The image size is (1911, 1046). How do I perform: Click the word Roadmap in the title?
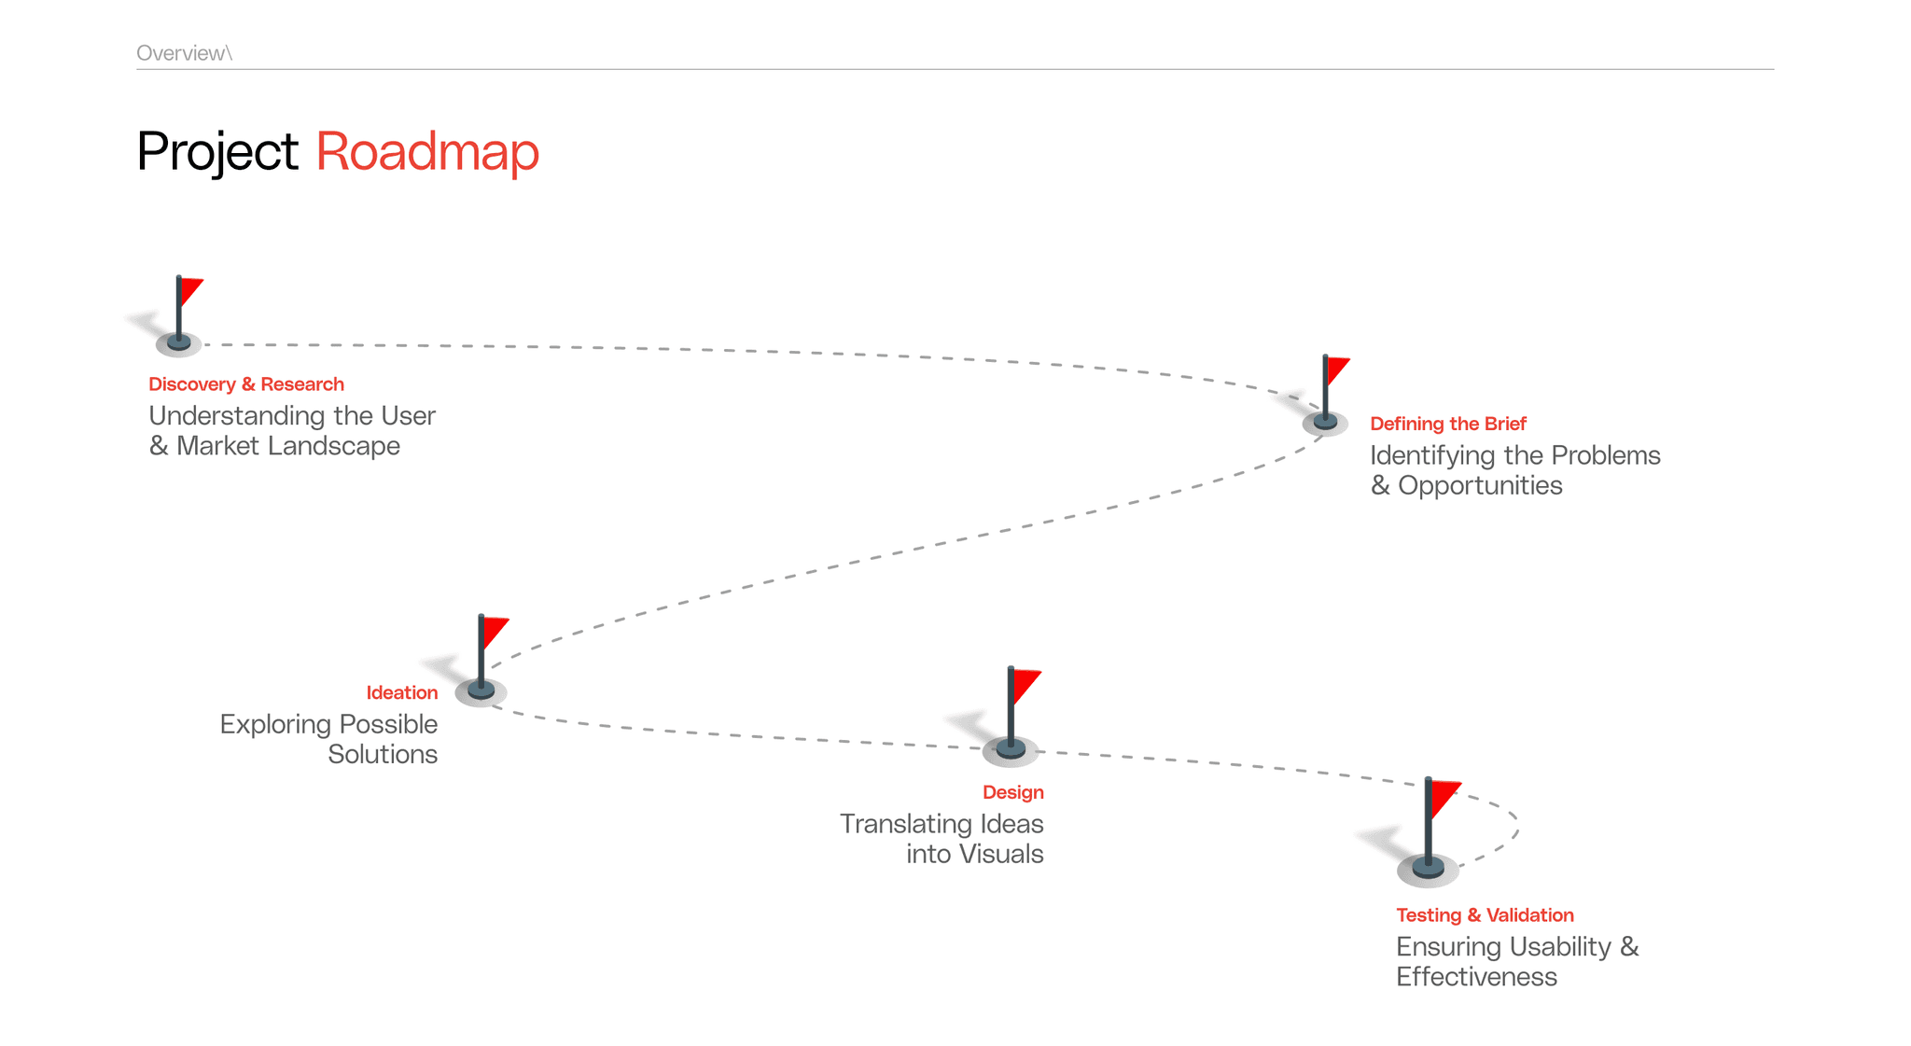[x=427, y=152]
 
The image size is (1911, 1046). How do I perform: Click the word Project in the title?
[x=216, y=152]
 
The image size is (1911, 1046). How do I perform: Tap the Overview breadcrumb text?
[x=183, y=53]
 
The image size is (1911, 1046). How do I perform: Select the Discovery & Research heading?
[x=246, y=384]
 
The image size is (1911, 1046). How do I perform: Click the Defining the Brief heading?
[x=1447, y=424]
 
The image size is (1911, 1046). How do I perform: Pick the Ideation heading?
[x=401, y=692]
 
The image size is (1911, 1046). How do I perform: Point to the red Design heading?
[x=1012, y=792]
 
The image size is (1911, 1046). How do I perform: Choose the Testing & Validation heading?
[x=1485, y=915]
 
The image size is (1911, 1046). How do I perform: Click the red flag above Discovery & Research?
[x=190, y=289]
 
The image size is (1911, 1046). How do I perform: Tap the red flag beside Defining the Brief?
[x=1337, y=369]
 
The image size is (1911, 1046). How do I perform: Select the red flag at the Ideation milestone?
[x=495, y=630]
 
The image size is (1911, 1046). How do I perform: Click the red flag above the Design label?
[x=1025, y=683]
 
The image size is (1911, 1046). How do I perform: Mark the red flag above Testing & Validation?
[x=1444, y=796]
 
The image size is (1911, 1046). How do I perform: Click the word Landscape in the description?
[x=334, y=446]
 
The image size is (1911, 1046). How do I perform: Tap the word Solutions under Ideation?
[x=383, y=754]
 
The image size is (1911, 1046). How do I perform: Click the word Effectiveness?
[x=1476, y=977]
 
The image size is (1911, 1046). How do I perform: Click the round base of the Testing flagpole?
[x=1428, y=869]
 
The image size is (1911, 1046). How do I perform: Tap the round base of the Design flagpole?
[x=1011, y=748]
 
